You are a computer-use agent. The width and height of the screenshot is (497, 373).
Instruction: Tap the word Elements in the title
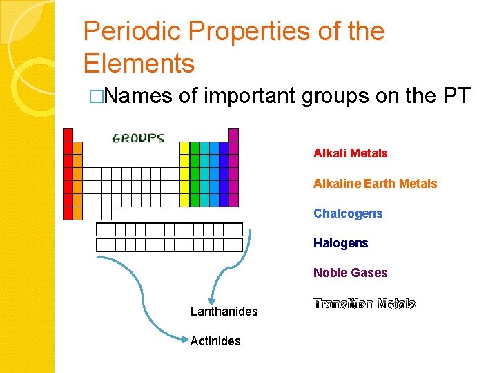(139, 64)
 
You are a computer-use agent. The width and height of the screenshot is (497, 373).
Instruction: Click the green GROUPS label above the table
(138, 137)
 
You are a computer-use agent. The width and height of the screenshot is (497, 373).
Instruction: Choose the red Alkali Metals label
(350, 153)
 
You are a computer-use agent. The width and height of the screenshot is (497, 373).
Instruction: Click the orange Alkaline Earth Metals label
(375, 184)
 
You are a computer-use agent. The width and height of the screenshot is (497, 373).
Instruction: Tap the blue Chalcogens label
(347, 213)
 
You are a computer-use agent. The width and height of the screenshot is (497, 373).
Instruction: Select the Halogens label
(340, 243)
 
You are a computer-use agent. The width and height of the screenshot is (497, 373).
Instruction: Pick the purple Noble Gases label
(350, 273)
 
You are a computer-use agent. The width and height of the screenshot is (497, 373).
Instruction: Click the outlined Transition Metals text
(364, 304)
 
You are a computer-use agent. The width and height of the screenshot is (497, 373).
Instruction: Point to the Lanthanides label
(224, 312)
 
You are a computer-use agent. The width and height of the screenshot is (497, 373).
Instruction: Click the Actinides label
(215, 341)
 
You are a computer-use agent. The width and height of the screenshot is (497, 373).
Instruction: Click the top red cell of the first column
(68, 135)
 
